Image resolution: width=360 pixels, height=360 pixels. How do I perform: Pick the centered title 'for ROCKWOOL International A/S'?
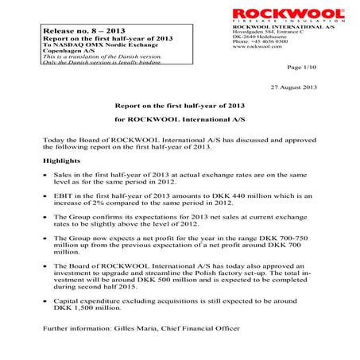click(179, 119)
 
